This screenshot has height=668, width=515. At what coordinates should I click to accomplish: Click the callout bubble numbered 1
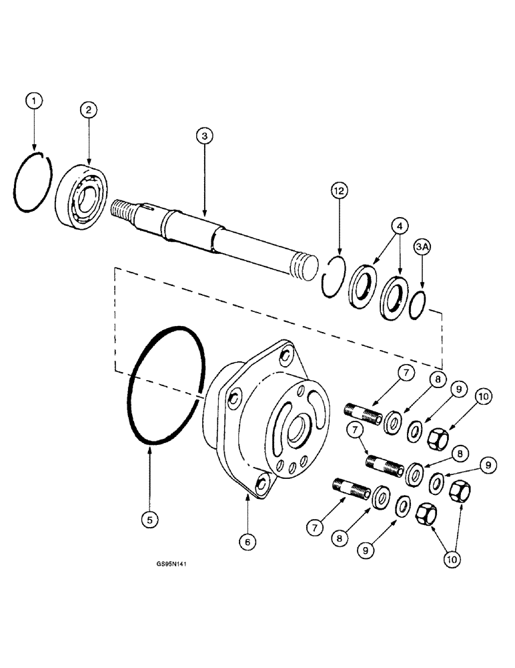(x=35, y=101)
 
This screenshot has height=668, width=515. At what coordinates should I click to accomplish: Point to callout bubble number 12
(x=340, y=191)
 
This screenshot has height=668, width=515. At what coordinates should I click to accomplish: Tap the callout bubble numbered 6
(x=247, y=542)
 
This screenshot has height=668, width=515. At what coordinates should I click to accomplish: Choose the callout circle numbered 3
(x=205, y=136)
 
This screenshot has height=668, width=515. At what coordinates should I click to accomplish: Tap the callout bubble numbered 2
(x=89, y=109)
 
